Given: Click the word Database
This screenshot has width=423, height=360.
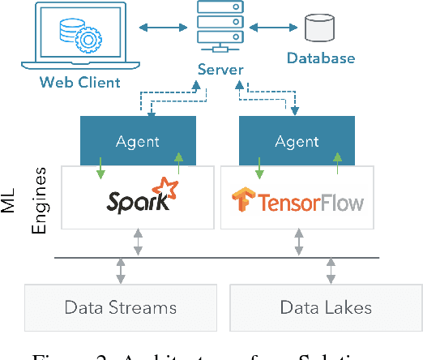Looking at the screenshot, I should pos(321,58).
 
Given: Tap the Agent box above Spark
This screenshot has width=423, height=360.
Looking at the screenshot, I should pos(138,140).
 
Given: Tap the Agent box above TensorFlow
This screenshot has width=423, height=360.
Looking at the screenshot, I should pos(297,140).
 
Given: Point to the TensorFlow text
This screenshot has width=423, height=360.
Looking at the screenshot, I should pos(310,201).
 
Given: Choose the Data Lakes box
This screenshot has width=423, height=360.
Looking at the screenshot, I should pos(326,307).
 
